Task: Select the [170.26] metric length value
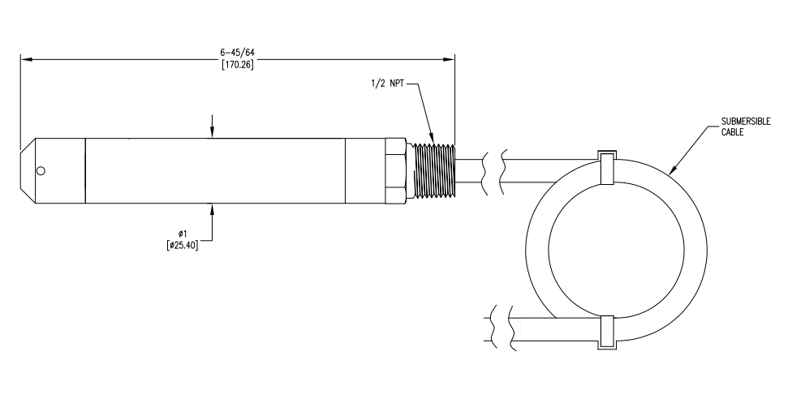click(x=237, y=65)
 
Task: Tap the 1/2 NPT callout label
click(x=387, y=84)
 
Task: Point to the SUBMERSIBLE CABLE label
click(x=746, y=126)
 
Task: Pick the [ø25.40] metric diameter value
click(x=182, y=245)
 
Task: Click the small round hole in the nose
click(x=41, y=171)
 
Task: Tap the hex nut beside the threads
click(x=395, y=171)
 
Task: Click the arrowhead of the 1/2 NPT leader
click(x=433, y=137)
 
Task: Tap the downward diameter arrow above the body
click(x=213, y=133)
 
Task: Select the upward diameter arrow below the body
click(x=213, y=209)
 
